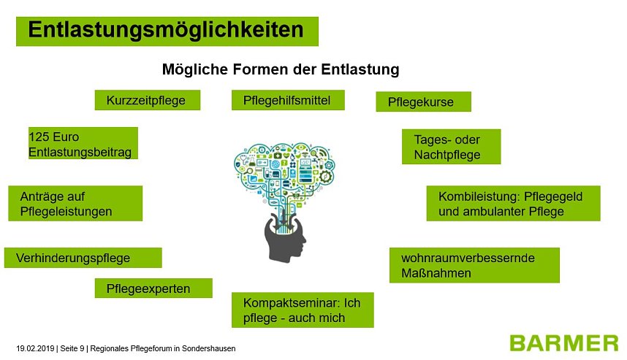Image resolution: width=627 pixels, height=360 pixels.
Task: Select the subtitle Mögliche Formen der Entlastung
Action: (x=280, y=70)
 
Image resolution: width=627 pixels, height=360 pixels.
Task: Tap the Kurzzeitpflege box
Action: (x=147, y=100)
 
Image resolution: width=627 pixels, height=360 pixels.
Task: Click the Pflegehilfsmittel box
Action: (x=288, y=100)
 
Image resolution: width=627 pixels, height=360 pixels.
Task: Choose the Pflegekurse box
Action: (x=422, y=102)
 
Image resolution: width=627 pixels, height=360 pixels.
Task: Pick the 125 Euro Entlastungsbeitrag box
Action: (x=83, y=144)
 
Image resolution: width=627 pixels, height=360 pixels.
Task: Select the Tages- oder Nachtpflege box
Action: (x=451, y=147)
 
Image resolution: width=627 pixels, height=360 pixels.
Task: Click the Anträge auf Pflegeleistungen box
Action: (x=75, y=204)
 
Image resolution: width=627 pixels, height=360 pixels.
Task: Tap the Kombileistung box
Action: (x=513, y=204)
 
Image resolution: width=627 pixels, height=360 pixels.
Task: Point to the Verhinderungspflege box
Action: (x=83, y=258)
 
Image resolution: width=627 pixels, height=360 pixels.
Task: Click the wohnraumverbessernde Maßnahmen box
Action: (x=474, y=265)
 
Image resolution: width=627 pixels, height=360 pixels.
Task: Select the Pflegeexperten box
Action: (x=153, y=288)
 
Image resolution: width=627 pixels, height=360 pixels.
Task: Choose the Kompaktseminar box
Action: (x=303, y=310)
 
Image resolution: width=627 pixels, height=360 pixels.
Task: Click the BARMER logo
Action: (x=563, y=342)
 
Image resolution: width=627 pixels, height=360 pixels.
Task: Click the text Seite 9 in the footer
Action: (x=72, y=348)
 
